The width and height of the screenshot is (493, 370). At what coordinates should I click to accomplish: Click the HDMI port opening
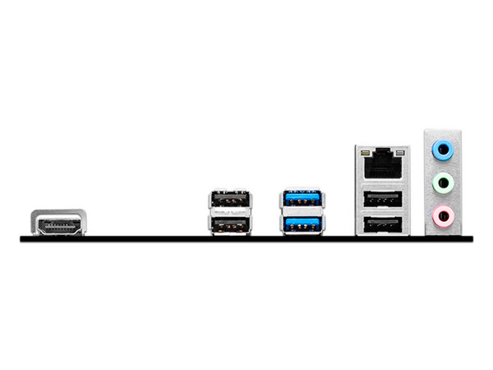click(x=59, y=224)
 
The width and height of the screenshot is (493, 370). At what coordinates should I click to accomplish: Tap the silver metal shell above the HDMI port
click(x=59, y=214)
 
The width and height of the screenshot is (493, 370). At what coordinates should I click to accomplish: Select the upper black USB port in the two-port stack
click(x=229, y=200)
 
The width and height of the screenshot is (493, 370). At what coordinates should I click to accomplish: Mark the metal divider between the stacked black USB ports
click(x=229, y=211)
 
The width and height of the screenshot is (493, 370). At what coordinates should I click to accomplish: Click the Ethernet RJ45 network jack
click(x=383, y=166)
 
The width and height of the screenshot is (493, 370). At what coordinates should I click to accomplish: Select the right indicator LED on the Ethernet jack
click(x=401, y=153)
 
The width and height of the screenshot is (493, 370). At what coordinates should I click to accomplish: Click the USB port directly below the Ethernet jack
click(x=383, y=198)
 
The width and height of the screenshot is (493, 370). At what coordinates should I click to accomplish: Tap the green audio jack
click(x=444, y=183)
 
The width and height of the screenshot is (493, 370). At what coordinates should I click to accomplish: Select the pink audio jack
click(x=444, y=216)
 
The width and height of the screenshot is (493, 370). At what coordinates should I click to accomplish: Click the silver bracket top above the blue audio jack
click(x=444, y=133)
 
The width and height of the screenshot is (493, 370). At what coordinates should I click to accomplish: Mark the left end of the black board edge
click(x=22, y=238)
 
